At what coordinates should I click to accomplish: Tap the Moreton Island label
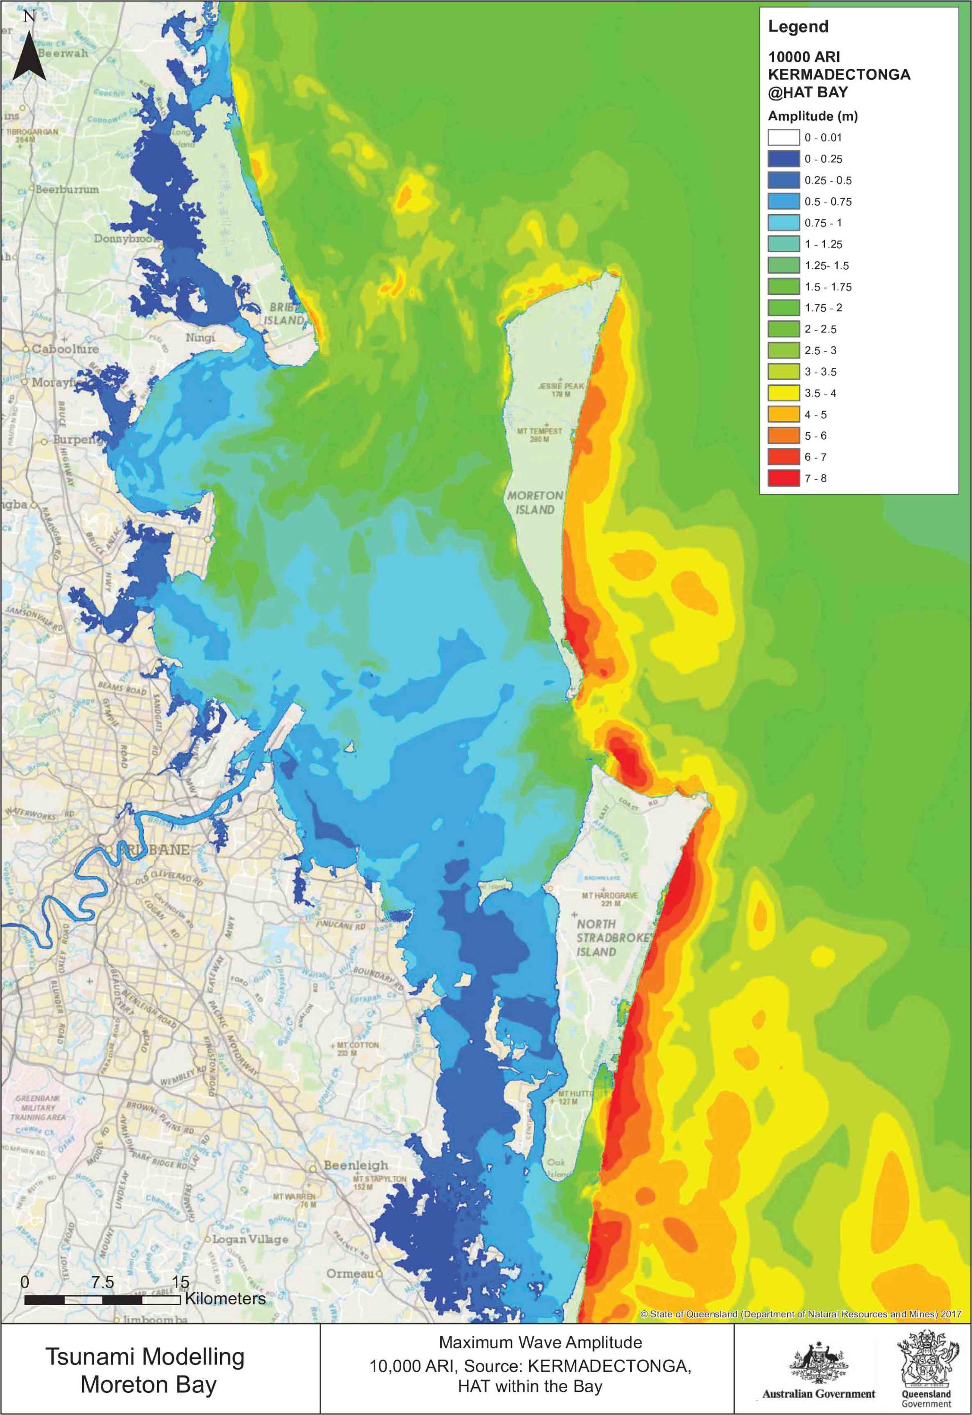(x=535, y=503)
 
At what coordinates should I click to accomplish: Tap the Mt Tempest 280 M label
(x=540, y=434)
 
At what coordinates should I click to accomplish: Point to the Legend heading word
(x=798, y=26)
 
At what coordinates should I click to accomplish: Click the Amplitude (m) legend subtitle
(x=813, y=116)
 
